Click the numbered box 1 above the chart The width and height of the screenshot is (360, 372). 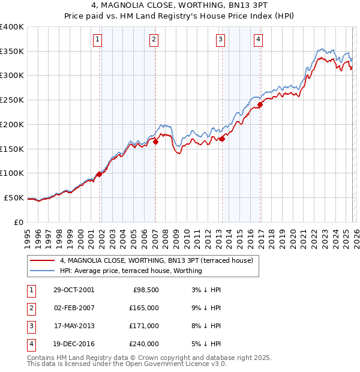coord(97,40)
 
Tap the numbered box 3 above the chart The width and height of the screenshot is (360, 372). coord(220,40)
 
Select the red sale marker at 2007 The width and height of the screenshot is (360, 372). coord(155,142)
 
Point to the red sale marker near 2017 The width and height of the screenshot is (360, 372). coord(260,104)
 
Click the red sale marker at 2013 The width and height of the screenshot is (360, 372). coord(222,139)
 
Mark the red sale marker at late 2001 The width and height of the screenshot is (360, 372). coord(100,174)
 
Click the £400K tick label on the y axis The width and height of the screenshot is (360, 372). coord(11,27)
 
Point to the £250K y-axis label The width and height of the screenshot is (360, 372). coord(11,100)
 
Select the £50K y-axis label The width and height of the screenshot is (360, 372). coord(14,197)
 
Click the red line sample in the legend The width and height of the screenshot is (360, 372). coord(43,260)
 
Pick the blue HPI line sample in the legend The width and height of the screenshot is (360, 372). coord(43,271)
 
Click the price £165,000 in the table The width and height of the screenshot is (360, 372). coord(144,308)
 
